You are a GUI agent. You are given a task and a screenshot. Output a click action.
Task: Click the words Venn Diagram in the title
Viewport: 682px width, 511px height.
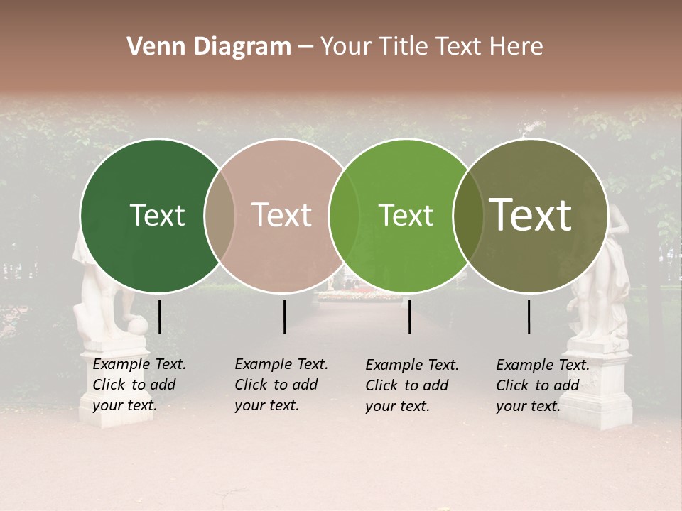point(209,47)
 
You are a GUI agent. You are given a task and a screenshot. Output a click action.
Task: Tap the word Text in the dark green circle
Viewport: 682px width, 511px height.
point(157,215)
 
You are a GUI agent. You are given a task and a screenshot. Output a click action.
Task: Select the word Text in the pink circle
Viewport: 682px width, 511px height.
point(281,215)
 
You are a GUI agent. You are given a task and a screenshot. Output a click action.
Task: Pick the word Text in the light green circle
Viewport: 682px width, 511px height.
point(406,215)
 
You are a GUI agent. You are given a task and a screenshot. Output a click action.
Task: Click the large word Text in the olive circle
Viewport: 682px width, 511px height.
point(531,214)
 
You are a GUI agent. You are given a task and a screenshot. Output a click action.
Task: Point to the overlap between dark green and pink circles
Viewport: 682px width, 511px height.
point(220,216)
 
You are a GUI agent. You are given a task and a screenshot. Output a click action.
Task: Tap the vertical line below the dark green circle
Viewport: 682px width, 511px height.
point(159,317)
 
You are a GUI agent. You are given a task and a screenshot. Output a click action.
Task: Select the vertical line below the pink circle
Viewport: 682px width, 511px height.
point(284,317)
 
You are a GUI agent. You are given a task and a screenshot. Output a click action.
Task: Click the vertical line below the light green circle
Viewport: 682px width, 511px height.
point(409,317)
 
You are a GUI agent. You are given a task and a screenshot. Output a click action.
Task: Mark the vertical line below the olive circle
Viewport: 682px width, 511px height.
point(529,317)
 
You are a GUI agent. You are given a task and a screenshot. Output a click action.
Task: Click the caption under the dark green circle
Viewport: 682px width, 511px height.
point(139,385)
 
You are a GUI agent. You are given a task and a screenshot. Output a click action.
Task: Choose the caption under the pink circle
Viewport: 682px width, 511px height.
point(281,385)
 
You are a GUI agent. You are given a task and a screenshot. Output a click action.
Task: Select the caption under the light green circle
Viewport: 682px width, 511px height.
point(411,385)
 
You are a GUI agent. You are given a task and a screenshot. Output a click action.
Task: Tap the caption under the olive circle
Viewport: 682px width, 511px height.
point(542,385)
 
